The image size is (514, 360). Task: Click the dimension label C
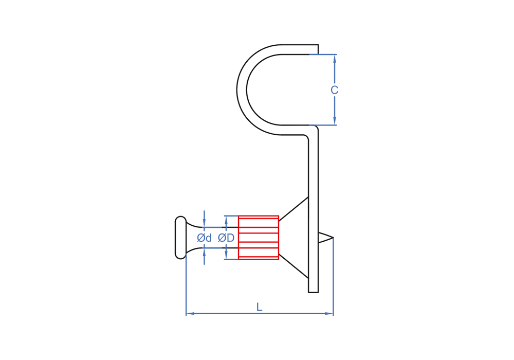coord(334,90)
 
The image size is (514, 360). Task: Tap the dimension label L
coord(259,307)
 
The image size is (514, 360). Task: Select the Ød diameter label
coord(204,238)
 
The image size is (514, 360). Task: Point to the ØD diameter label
coord(226,238)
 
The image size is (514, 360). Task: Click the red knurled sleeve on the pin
coord(259,238)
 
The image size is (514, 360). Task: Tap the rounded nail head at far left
coord(180,238)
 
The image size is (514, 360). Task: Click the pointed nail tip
coord(333,238)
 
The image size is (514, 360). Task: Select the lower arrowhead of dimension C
coord(335,120)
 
